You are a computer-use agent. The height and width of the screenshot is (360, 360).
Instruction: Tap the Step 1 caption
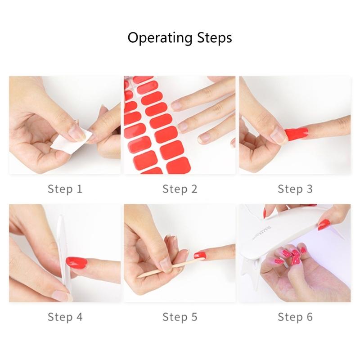[65, 189]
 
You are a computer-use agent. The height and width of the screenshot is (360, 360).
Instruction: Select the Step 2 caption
[180, 189]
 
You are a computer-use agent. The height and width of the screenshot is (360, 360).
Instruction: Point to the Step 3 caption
[295, 189]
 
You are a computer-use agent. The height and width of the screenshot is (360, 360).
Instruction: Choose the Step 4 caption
[65, 317]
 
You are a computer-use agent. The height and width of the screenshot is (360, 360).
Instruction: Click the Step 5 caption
[180, 317]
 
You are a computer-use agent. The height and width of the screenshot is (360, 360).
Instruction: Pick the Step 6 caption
[295, 317]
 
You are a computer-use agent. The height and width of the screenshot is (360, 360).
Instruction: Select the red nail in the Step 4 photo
[77, 262]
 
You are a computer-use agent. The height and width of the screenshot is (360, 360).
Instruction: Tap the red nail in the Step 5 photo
[200, 255]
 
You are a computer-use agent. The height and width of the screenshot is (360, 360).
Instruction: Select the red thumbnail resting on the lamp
[324, 224]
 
